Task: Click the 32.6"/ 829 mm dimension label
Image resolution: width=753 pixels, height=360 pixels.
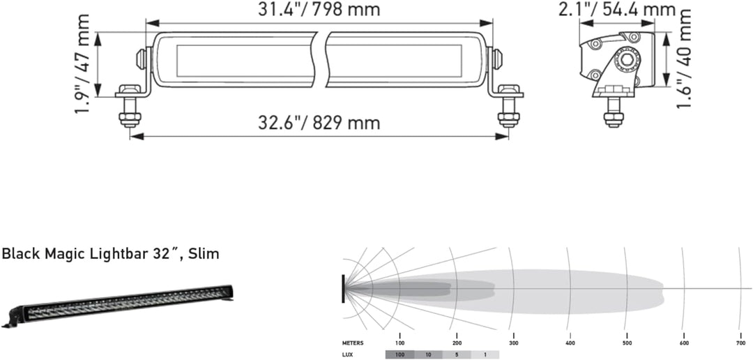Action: pyautogui.click(x=319, y=123)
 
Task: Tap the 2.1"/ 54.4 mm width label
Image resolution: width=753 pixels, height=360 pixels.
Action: pyautogui.click(x=616, y=10)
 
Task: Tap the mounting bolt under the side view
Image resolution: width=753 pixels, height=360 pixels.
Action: pyautogui.click(x=613, y=112)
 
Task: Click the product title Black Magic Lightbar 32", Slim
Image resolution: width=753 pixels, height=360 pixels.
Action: pyautogui.click(x=110, y=254)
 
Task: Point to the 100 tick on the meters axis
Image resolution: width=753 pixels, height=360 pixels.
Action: pyautogui.click(x=400, y=343)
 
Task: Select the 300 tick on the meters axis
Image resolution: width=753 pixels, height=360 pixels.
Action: pyautogui.click(x=513, y=343)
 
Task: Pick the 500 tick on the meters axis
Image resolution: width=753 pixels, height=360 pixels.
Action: pyautogui.click(x=627, y=343)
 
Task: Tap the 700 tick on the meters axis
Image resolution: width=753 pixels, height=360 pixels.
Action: pyautogui.click(x=740, y=343)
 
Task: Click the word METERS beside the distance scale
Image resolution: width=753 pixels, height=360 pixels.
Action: pyautogui.click(x=352, y=343)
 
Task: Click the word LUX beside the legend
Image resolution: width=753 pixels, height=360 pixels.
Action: pyautogui.click(x=347, y=354)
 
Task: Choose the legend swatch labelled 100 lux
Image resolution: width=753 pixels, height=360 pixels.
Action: pyautogui.click(x=400, y=354)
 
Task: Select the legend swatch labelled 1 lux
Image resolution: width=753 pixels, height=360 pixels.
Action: pyautogui.click(x=485, y=354)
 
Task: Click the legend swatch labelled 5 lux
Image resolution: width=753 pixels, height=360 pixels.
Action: pyautogui.click(x=457, y=354)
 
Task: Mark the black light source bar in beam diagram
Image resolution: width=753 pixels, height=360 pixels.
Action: pyautogui.click(x=343, y=287)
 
